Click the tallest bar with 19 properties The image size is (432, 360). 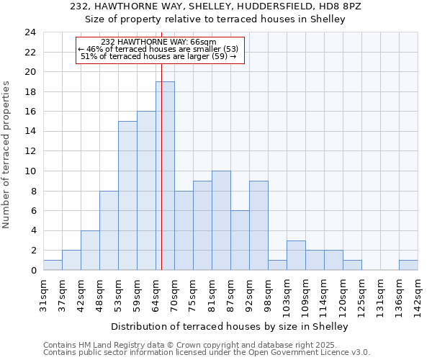coord(165,176)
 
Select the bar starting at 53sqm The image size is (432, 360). coord(127,195)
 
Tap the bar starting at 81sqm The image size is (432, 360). coord(221,220)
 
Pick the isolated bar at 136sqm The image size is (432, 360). coord(408,265)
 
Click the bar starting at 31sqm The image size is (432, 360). coord(53,265)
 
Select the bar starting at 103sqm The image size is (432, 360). coord(296,255)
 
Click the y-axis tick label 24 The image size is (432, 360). coord(30,32)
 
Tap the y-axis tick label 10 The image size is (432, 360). coord(30,171)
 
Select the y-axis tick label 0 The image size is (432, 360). coord(32,271)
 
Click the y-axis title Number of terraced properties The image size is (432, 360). coord(7,154)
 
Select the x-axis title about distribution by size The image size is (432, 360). coord(230,326)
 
